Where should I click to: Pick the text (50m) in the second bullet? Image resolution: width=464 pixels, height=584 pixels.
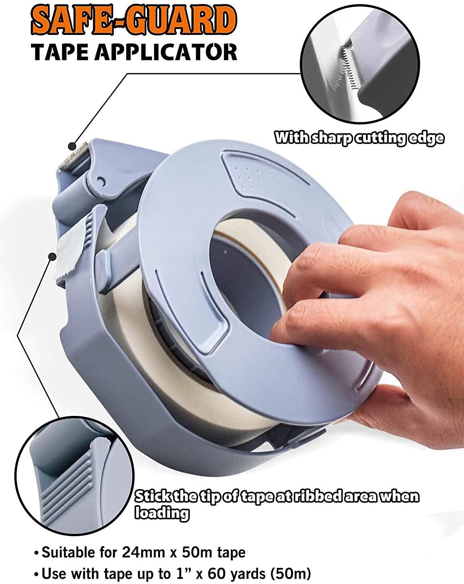point(291,574)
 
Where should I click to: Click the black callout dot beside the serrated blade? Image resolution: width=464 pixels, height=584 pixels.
point(72,146)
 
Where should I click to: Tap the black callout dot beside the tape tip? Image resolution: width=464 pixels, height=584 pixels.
point(52,256)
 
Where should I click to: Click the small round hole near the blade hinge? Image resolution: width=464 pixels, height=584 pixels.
point(101,181)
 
